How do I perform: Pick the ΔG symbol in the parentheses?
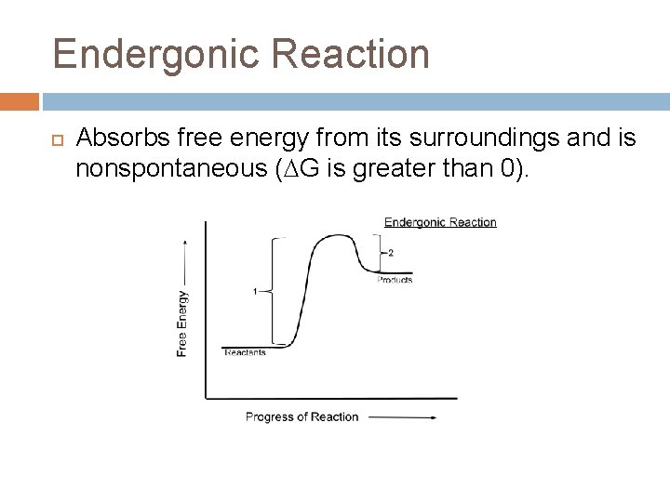click(x=315, y=168)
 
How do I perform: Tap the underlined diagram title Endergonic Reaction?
click(x=440, y=222)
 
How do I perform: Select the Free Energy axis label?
click(x=182, y=323)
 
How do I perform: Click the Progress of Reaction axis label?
click(x=301, y=416)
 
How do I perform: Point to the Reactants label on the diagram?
click(x=245, y=352)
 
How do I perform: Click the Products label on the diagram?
click(x=395, y=280)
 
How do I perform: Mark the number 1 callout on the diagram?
click(x=254, y=292)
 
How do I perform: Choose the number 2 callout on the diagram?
click(x=391, y=253)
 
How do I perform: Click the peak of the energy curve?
click(x=332, y=236)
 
